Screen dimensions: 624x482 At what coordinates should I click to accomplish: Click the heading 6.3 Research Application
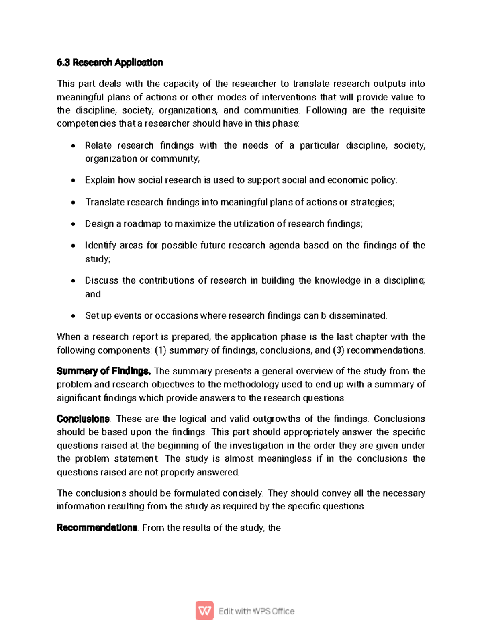point(110,63)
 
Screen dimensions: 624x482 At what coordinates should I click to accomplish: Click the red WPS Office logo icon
point(204,611)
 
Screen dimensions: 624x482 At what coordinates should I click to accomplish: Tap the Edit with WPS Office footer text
point(257,611)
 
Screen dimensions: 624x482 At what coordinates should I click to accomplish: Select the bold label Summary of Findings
point(104,371)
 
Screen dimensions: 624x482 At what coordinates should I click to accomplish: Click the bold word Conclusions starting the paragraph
point(83,419)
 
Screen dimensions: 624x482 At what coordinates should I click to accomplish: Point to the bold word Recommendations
point(97,528)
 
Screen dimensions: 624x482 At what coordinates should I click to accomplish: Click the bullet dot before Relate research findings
point(73,146)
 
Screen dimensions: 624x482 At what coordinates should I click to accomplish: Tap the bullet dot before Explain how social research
point(73,181)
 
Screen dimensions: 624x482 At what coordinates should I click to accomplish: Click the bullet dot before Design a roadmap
point(73,224)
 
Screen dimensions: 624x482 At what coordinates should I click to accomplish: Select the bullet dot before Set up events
point(73,316)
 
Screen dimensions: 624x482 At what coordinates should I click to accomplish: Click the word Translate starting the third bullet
point(104,202)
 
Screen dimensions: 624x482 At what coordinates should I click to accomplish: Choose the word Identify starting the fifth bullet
point(100,246)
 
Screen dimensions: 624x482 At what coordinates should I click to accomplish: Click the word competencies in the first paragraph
point(86,123)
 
